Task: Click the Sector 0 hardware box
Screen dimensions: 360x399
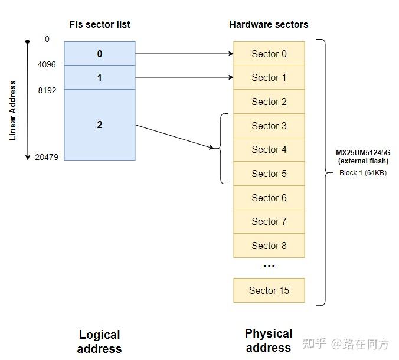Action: (x=269, y=54)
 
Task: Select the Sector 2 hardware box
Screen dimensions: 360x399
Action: (x=269, y=102)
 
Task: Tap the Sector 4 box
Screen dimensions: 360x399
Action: (x=269, y=149)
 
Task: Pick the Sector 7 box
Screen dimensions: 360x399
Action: (x=269, y=221)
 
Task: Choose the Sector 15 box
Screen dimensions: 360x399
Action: (x=269, y=290)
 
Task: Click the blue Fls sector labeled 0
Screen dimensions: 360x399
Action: (x=99, y=54)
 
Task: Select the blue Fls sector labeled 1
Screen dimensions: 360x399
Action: (x=99, y=77)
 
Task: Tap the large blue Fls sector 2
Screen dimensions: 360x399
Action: (x=99, y=125)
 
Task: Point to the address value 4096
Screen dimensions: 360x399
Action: (x=47, y=64)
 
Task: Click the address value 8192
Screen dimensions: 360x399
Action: (x=47, y=91)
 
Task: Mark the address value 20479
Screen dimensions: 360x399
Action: (x=45, y=158)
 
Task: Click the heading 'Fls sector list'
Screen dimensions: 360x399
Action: (x=99, y=24)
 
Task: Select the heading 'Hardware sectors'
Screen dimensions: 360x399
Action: (x=269, y=24)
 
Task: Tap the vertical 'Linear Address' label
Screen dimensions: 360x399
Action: (x=13, y=110)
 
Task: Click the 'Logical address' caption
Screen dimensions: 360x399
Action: (x=99, y=342)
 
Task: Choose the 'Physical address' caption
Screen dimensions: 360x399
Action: (x=269, y=341)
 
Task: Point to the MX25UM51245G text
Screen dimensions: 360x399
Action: (x=363, y=153)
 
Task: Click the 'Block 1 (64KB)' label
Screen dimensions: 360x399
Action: (x=363, y=173)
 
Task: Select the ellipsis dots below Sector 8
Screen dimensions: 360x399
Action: (x=269, y=266)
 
